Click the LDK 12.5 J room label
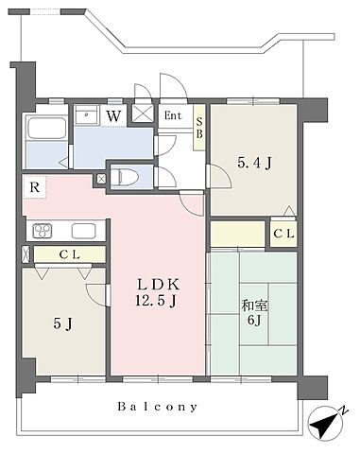point(158,293)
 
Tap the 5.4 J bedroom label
point(254,164)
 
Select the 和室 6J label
point(254,313)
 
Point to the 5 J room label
point(63,323)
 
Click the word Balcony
point(158,407)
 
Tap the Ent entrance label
point(173,115)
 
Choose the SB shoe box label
point(199,128)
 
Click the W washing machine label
point(113,116)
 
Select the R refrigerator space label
point(35,187)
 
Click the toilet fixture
point(125,176)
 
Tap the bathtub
point(46,128)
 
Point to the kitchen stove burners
point(43,231)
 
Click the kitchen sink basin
point(83,231)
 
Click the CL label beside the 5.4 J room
point(283,234)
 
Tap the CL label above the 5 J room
point(69,254)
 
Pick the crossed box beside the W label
point(142,113)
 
